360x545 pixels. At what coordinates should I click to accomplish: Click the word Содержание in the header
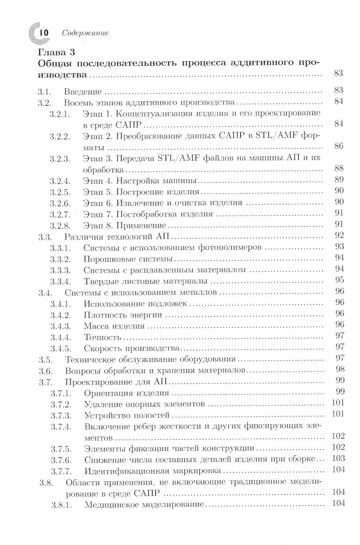[x=85, y=33]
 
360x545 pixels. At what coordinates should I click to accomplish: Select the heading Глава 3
[x=56, y=52]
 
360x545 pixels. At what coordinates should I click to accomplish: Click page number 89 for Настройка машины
[x=339, y=179]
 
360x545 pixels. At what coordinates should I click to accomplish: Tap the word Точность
[x=103, y=338]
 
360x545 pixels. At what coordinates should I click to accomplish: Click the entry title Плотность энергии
[x=122, y=315]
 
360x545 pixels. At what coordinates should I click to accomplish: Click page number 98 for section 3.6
[x=339, y=369]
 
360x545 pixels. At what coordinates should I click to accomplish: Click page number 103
[x=338, y=458]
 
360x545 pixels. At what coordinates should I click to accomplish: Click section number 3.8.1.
[x=61, y=505]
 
